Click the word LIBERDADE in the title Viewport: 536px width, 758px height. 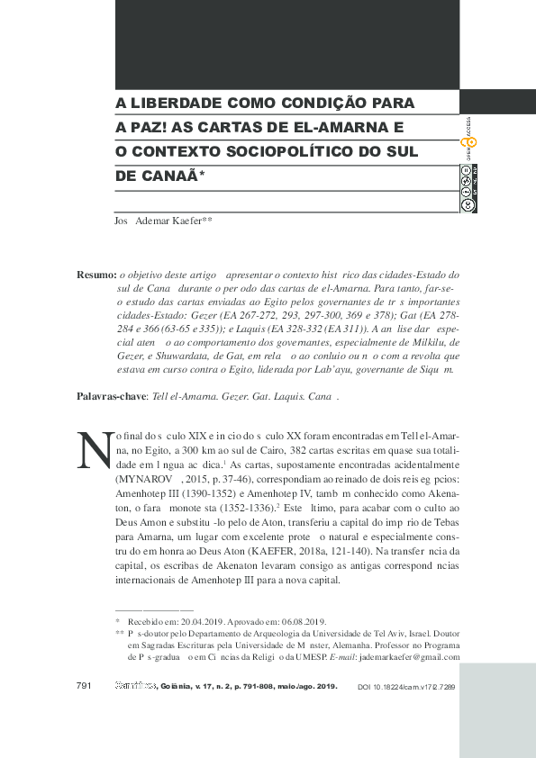coord(182,103)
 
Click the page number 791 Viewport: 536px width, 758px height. coord(85,686)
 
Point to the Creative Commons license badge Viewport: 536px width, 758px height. coord(468,186)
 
